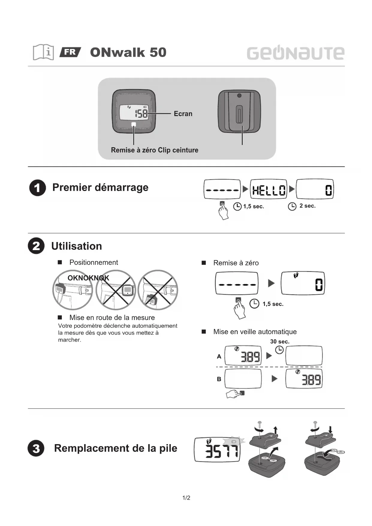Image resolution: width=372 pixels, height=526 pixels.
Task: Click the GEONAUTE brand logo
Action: (295, 53)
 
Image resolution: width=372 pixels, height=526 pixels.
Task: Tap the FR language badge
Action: (70, 52)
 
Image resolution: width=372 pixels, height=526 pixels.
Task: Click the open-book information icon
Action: (43, 52)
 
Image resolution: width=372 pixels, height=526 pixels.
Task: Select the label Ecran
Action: (183, 114)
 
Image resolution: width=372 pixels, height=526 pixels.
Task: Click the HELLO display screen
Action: (269, 189)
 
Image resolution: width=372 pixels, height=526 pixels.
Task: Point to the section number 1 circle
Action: (37, 188)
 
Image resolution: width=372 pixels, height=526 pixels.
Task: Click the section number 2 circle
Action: (36, 246)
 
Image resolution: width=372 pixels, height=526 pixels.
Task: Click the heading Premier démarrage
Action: (100, 187)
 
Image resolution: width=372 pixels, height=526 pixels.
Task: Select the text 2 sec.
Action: (307, 206)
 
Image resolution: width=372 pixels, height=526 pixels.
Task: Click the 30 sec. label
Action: (280, 342)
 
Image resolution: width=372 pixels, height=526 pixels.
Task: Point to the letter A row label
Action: (219, 356)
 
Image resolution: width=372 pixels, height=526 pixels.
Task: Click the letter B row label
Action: (219, 379)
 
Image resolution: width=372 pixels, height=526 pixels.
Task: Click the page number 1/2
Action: (186, 498)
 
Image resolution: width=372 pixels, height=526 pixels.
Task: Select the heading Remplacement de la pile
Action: (115, 448)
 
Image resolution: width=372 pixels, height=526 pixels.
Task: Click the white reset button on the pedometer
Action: (134, 124)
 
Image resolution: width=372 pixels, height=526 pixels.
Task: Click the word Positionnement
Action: (94, 262)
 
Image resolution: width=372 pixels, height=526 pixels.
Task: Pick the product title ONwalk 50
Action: (128, 52)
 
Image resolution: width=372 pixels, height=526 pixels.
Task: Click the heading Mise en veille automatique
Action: (255, 332)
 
